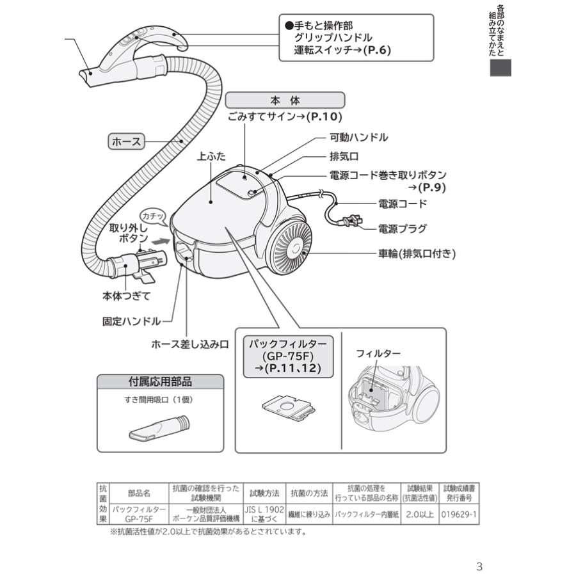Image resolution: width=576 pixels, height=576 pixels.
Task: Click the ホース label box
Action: tap(127, 141)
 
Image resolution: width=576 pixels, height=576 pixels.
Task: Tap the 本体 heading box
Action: tap(285, 100)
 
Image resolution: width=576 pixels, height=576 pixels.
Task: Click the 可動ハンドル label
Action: tap(358, 138)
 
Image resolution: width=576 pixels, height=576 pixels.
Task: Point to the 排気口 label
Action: tap(344, 156)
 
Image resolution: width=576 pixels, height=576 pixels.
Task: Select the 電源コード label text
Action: tap(402, 204)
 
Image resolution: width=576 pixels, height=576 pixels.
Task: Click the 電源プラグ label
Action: tap(402, 228)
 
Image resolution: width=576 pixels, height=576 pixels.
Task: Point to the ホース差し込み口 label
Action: tap(189, 344)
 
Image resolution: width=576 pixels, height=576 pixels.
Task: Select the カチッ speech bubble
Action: tap(153, 217)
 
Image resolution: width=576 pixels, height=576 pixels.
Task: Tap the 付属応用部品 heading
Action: tap(161, 382)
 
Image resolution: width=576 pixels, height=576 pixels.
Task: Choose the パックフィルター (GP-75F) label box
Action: tap(287, 356)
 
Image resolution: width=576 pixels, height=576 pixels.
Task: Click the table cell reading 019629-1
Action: tap(459, 513)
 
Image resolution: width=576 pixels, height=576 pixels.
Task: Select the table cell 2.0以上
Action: tap(419, 513)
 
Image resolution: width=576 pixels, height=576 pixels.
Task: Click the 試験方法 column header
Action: tap(264, 493)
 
